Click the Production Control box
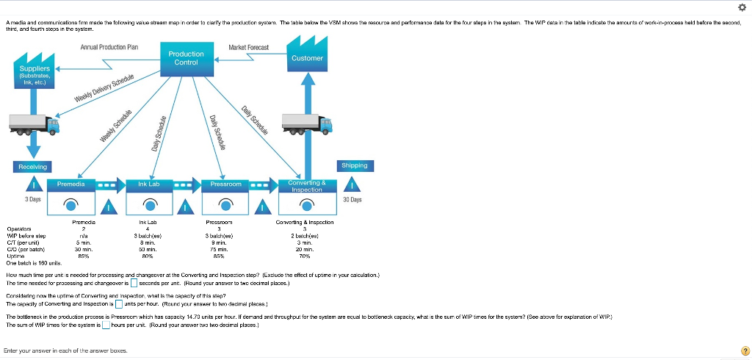click(186, 58)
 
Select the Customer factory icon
click(307, 57)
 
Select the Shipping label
click(354, 165)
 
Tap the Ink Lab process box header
click(148, 184)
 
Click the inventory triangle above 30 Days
click(353, 185)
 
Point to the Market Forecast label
click(248, 48)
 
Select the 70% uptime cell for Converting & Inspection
click(305, 256)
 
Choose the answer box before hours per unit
click(106, 324)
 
